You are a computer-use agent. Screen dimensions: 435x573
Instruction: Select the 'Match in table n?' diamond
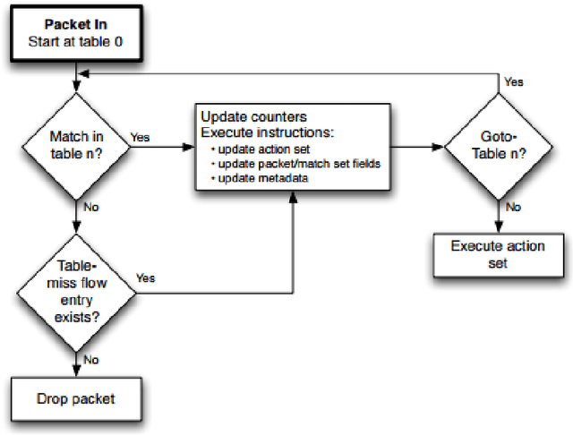pyautogui.click(x=79, y=145)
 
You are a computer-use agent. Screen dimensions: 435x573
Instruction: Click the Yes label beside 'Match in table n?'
pyautogui.click(x=141, y=139)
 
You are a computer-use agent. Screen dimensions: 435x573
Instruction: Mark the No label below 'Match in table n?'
pyautogui.click(x=92, y=207)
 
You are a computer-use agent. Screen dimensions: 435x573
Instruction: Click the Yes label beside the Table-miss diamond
pyautogui.click(x=146, y=278)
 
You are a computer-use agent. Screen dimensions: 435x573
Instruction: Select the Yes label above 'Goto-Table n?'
pyautogui.click(x=514, y=80)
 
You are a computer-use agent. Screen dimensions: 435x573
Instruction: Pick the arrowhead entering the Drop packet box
pyautogui.click(x=79, y=373)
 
